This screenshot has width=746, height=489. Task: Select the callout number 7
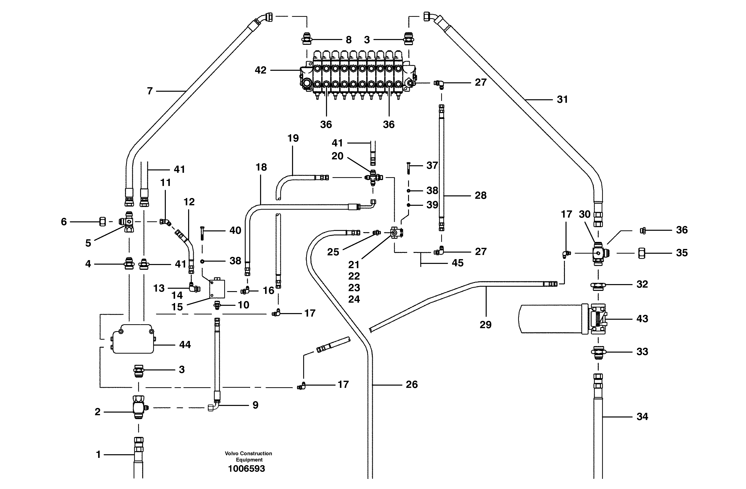(150, 91)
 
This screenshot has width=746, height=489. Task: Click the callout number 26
(412, 384)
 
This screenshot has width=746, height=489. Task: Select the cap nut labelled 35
(641, 253)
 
